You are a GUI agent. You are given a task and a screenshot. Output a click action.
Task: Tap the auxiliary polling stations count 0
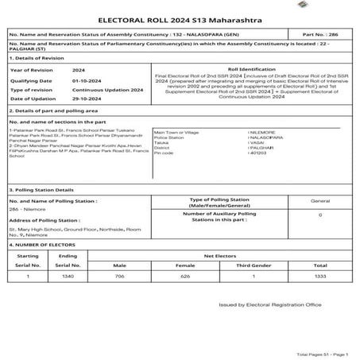319,215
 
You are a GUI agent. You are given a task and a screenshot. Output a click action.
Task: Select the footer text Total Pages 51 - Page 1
322,353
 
